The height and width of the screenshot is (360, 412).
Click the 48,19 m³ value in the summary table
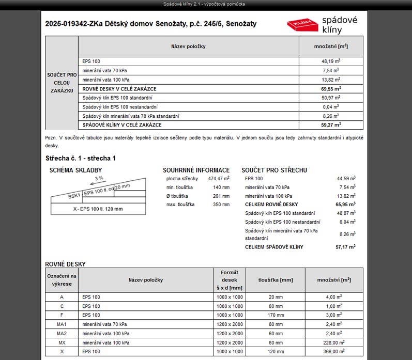tap(330, 61)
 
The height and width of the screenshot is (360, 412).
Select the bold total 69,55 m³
tap(330, 89)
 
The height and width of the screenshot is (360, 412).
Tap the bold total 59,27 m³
tap(330, 125)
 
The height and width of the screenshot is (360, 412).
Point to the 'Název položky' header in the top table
tap(188, 46)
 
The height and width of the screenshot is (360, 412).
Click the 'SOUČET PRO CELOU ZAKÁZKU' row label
tap(62, 83)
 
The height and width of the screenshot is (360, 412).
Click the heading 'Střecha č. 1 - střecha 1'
tap(81, 158)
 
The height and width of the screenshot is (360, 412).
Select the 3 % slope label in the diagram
tap(98, 178)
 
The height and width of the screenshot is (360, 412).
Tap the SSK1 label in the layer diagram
tap(74, 196)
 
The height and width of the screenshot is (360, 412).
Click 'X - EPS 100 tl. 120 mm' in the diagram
tap(98, 209)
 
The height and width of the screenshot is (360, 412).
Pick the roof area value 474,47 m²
tap(219, 179)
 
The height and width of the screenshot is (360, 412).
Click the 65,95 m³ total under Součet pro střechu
tap(345, 205)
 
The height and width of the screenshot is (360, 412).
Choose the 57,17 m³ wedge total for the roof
tap(345, 247)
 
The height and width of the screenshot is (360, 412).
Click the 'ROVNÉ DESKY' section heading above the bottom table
tap(65, 264)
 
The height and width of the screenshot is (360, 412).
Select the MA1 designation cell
tap(62, 324)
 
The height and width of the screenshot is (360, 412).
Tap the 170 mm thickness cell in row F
tap(275, 315)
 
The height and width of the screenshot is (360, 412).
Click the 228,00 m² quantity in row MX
tap(334, 342)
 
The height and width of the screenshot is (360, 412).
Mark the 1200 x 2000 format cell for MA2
tap(229, 334)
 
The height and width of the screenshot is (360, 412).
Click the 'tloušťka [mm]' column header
tap(275, 280)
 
